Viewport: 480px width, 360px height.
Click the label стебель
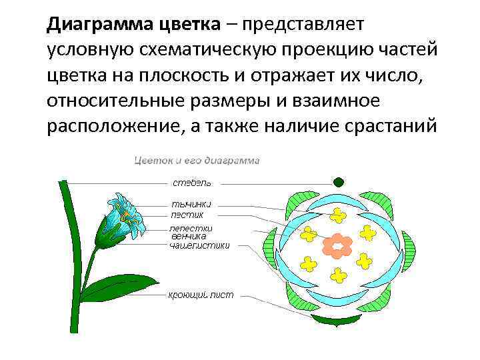point(192,182)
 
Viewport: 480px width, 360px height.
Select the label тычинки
point(191,204)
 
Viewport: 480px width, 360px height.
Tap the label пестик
point(186,215)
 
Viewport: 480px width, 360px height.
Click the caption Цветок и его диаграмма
point(197,160)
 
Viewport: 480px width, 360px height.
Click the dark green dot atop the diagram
point(339,181)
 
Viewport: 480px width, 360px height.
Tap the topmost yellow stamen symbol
point(339,215)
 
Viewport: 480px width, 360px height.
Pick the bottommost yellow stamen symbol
point(339,274)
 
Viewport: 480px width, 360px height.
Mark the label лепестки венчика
point(189,231)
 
